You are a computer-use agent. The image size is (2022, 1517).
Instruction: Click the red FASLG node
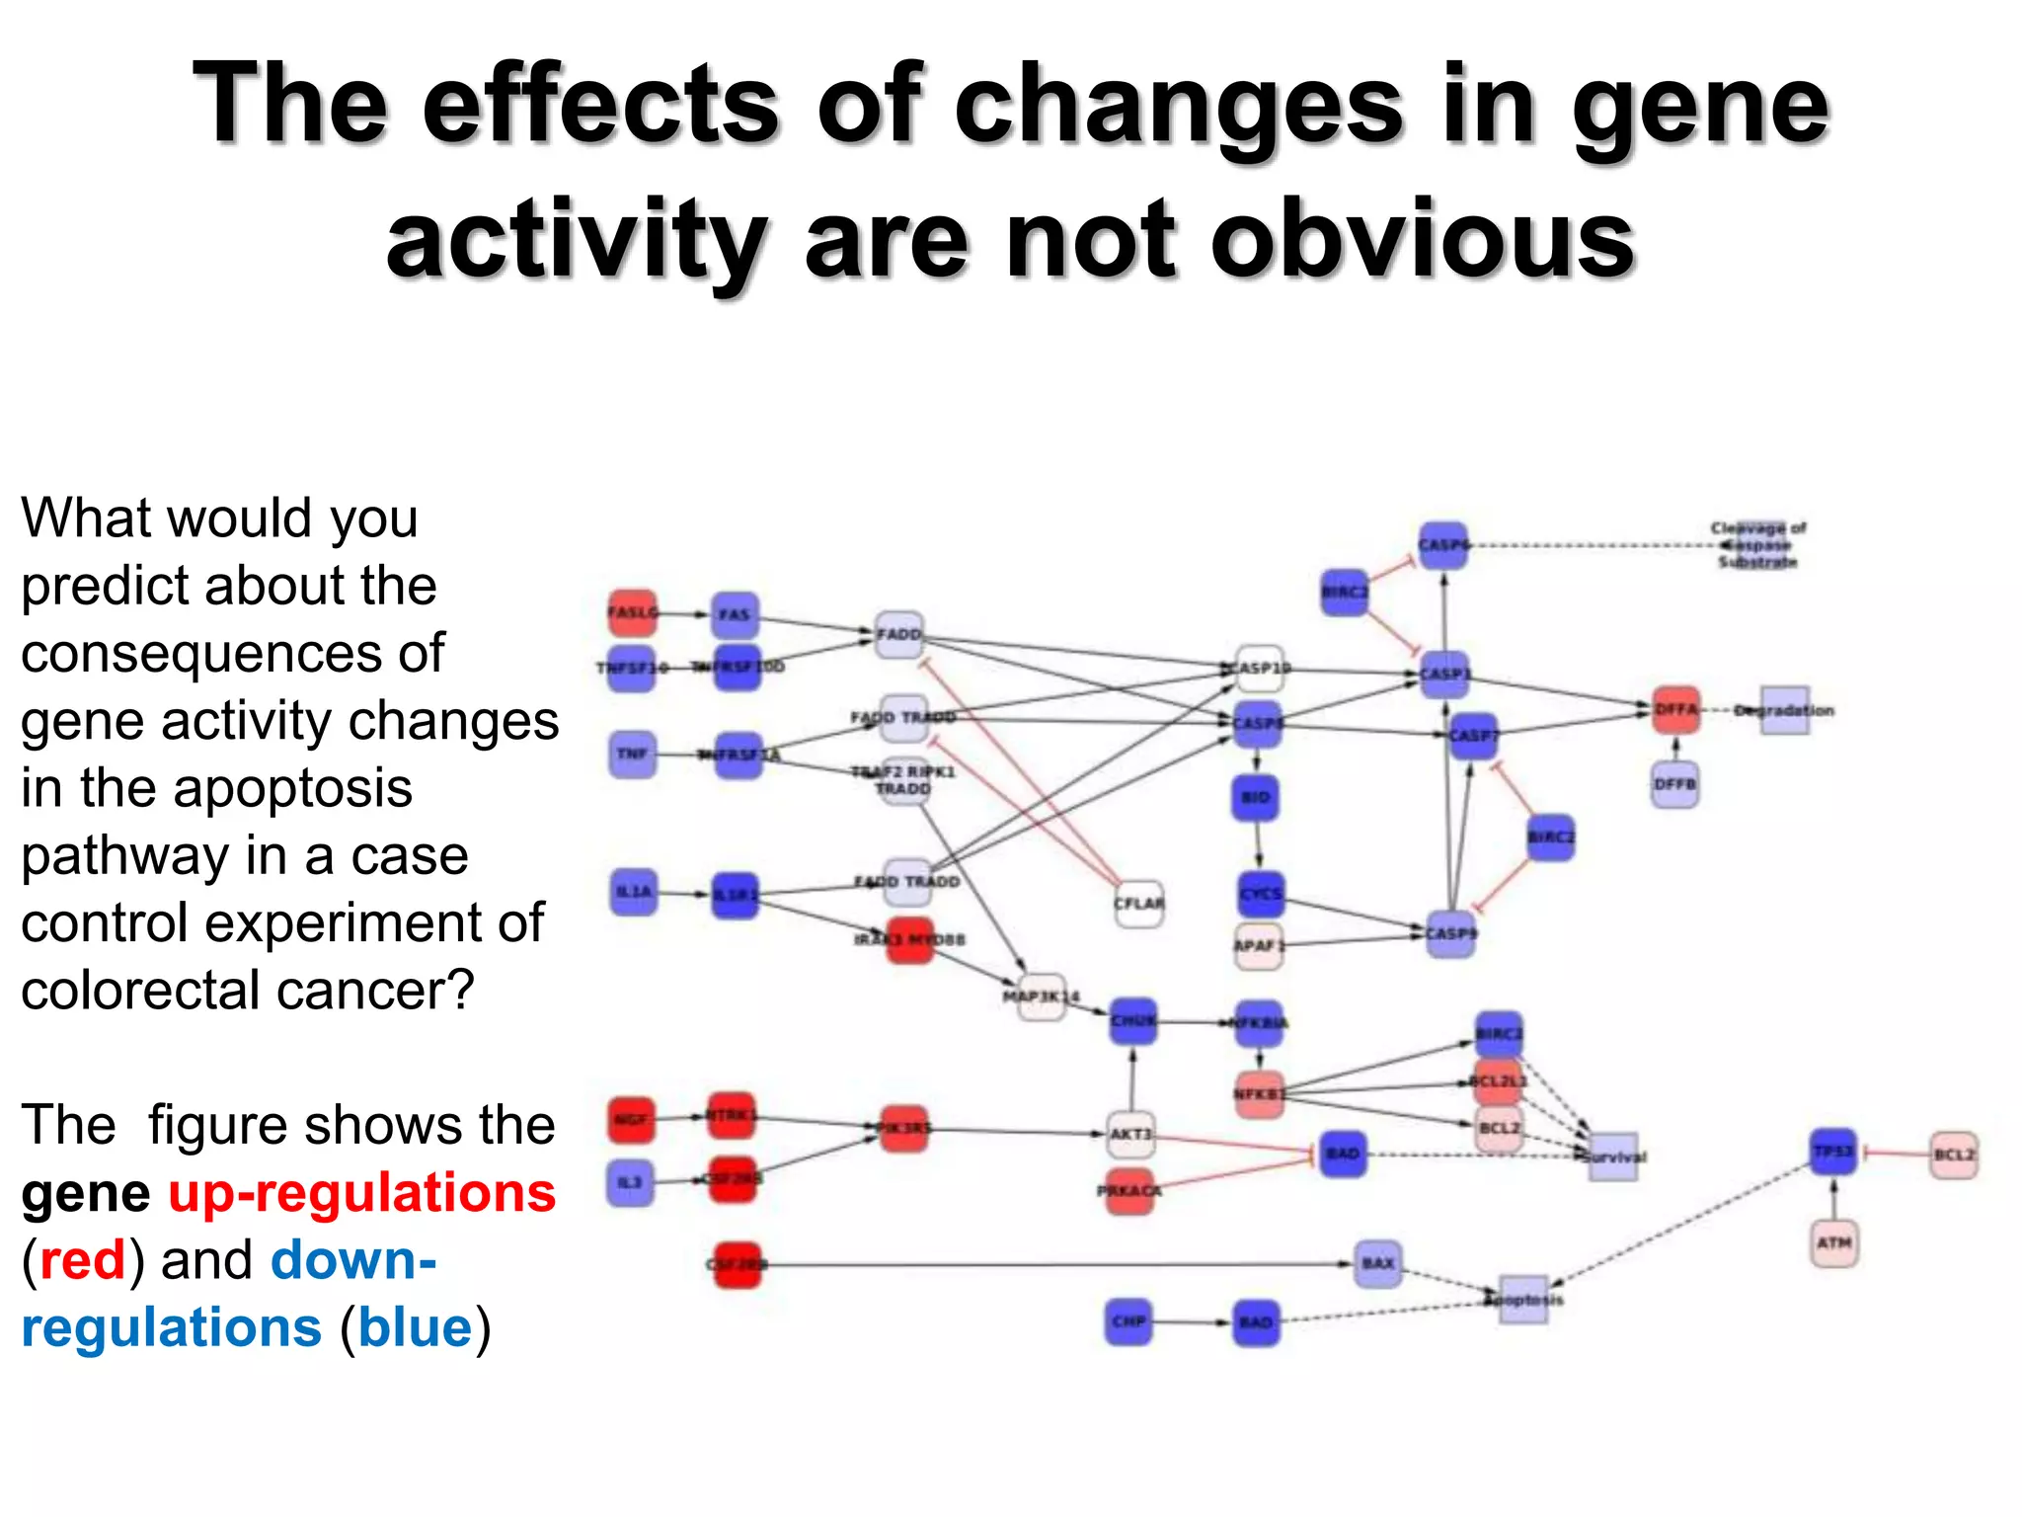[632, 612]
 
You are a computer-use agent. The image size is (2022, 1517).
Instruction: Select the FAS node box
[735, 614]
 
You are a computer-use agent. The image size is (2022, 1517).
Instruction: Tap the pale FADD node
[898, 633]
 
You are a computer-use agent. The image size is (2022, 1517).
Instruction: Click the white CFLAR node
[1138, 903]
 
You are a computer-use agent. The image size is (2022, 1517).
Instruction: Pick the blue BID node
[1255, 797]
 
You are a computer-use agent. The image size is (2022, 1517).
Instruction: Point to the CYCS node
[1261, 893]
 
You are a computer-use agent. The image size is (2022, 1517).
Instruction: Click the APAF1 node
[1258, 945]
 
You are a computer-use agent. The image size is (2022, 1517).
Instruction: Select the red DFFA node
[1675, 709]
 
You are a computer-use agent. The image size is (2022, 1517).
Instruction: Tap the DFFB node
[1674, 784]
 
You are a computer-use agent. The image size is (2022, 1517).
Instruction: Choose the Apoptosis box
[1523, 1299]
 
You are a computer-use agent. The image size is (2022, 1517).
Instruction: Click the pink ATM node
[1833, 1242]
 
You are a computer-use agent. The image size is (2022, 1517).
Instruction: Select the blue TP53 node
[1833, 1152]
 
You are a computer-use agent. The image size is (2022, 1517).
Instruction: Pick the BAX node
[1377, 1263]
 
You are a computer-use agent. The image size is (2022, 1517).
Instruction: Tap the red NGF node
[631, 1119]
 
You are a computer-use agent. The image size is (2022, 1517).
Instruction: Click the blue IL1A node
[633, 891]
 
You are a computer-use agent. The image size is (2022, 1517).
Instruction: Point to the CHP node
[1128, 1321]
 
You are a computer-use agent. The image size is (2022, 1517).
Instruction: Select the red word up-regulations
[361, 1192]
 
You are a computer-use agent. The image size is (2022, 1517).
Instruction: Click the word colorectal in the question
[140, 990]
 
